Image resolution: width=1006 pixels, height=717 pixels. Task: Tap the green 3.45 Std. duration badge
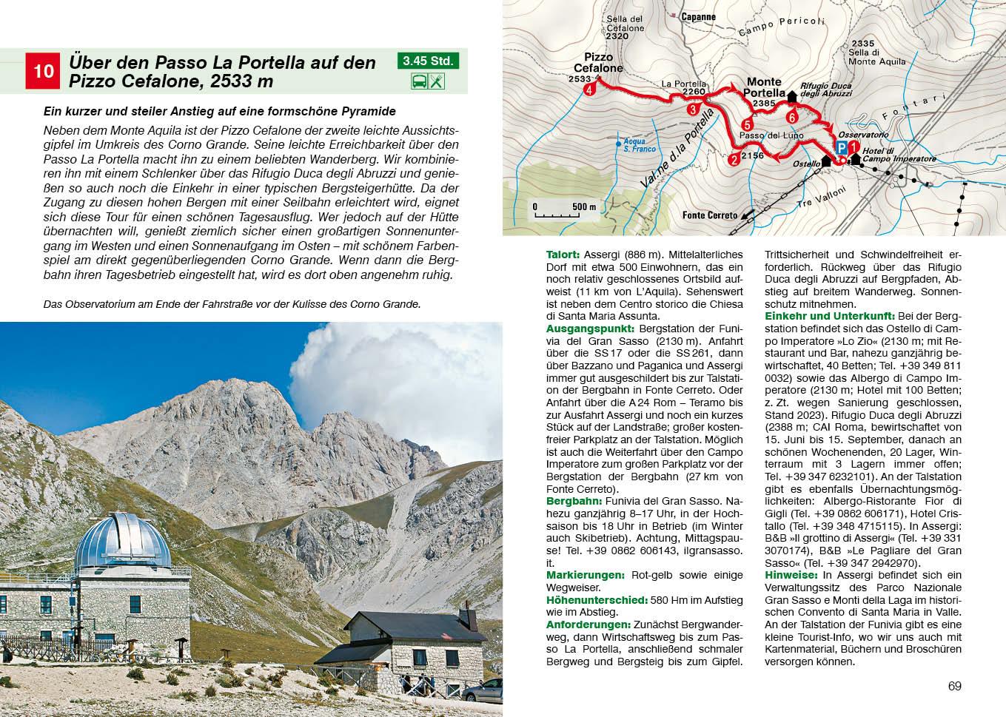click(x=428, y=61)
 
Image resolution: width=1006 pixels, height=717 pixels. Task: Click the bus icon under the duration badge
click(x=418, y=82)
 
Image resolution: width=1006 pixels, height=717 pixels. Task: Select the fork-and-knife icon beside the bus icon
click(x=437, y=82)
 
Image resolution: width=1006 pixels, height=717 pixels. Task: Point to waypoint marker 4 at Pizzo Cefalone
click(x=589, y=90)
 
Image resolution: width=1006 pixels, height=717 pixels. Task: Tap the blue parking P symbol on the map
click(x=842, y=147)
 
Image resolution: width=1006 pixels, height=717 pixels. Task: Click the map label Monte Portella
click(x=765, y=87)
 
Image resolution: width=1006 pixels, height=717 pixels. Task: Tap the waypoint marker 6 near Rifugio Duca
click(x=792, y=117)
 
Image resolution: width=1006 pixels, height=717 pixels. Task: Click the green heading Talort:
click(x=562, y=253)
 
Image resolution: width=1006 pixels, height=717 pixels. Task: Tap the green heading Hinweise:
click(x=791, y=575)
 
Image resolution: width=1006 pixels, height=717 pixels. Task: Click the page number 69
click(x=954, y=686)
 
